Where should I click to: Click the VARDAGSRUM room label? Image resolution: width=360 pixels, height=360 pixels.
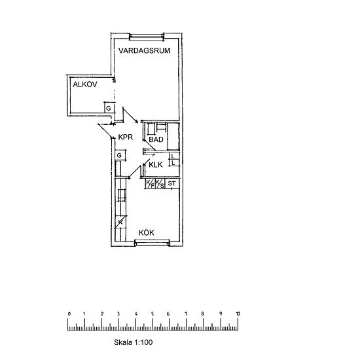[145, 50]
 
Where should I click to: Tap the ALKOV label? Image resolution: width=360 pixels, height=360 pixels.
[85, 84]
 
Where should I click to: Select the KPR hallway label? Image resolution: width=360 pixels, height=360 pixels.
[126, 137]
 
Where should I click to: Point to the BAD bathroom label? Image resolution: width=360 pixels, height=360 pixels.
[156, 139]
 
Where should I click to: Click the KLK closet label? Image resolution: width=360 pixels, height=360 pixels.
[156, 165]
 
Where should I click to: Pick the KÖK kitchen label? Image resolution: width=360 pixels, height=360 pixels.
[147, 232]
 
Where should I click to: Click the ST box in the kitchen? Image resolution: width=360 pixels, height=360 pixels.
[172, 183]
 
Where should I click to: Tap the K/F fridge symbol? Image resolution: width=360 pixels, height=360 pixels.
[151, 183]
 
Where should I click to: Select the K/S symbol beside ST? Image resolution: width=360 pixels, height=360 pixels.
[160, 183]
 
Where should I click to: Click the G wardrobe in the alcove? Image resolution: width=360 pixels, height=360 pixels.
[109, 107]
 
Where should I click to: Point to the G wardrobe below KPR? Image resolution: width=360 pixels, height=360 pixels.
[120, 155]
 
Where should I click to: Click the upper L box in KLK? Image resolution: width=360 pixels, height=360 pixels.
[174, 156]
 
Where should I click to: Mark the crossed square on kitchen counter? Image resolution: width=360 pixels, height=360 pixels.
[120, 222]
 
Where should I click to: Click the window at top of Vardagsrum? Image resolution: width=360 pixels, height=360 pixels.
[147, 36]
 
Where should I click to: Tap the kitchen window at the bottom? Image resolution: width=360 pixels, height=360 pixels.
[152, 242]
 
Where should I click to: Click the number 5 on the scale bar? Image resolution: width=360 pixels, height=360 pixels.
[153, 314]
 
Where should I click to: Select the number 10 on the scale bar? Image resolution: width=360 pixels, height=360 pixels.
[238, 314]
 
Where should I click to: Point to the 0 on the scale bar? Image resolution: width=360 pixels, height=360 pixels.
[69, 314]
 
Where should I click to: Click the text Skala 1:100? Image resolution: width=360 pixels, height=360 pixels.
[133, 342]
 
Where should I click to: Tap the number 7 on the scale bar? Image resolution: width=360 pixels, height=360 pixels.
[186, 314]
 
